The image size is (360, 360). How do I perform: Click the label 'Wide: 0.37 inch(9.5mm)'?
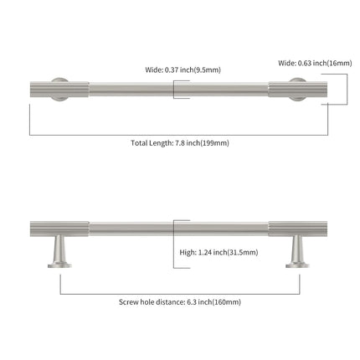pos(183,69)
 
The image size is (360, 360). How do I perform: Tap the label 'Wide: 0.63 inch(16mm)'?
pos(315,63)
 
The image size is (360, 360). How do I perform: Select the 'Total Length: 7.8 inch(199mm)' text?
pos(180,143)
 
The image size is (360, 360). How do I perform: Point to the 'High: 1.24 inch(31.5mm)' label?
pos(219,253)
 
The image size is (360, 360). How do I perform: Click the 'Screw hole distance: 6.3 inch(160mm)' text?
pos(180,302)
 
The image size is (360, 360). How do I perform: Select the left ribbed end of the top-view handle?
pos(59,90)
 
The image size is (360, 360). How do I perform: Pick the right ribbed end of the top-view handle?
pos(298,90)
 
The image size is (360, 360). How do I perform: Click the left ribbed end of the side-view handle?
pos(59,229)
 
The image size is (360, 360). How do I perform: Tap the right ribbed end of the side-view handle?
pos(298,229)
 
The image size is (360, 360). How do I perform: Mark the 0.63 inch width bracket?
pos(347,90)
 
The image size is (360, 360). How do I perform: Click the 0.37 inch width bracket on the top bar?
pos(174,90)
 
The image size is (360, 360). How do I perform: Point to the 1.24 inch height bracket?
pos(173,244)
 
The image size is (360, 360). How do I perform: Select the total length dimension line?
pos(178,136)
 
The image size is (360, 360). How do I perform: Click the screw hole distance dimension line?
pos(180,294)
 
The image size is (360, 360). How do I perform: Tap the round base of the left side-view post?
pos(59,265)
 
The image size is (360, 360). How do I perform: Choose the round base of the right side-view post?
pos(297,265)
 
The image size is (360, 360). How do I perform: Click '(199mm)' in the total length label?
pos(214,143)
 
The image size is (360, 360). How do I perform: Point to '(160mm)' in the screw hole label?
pos(227,302)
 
